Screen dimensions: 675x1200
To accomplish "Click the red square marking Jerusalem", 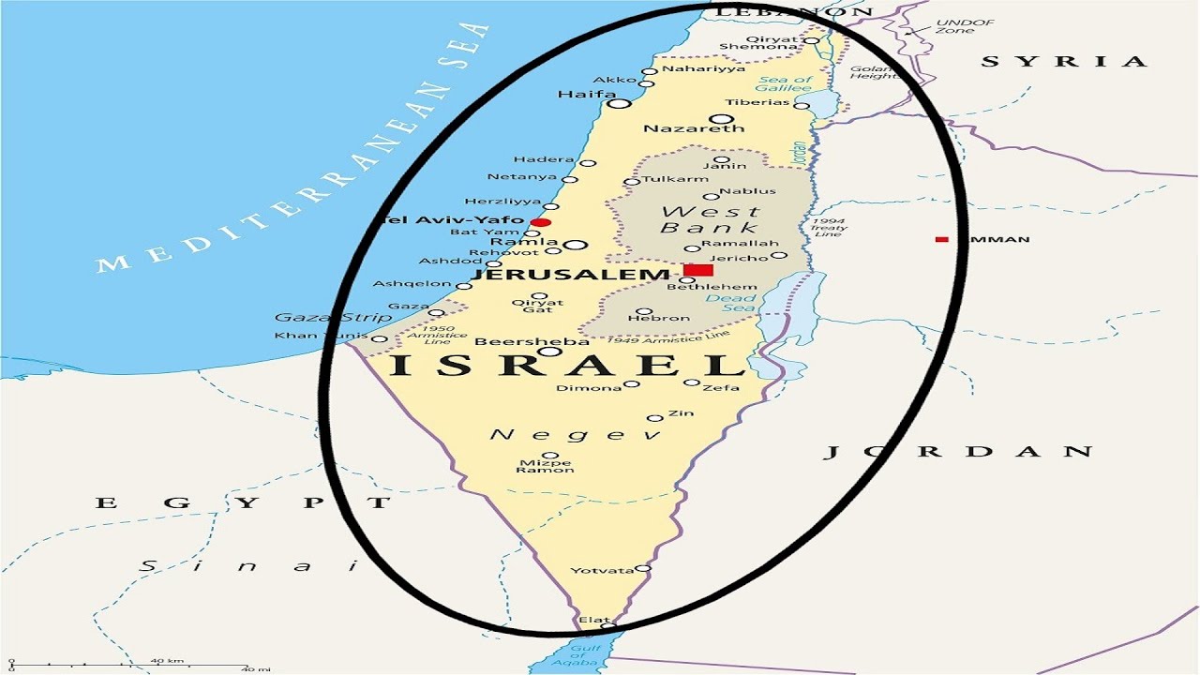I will click(x=698, y=270).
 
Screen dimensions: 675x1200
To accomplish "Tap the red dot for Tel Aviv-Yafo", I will click(x=541, y=222).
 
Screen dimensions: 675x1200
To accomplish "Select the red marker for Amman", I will click(x=942, y=240).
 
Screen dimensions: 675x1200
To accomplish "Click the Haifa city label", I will click(x=586, y=95).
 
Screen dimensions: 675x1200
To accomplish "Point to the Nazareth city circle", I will click(x=721, y=118).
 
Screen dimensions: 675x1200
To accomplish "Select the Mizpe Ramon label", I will click(x=545, y=464).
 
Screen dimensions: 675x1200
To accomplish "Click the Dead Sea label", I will click(x=730, y=303).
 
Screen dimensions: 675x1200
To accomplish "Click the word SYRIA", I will click(x=1064, y=62).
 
